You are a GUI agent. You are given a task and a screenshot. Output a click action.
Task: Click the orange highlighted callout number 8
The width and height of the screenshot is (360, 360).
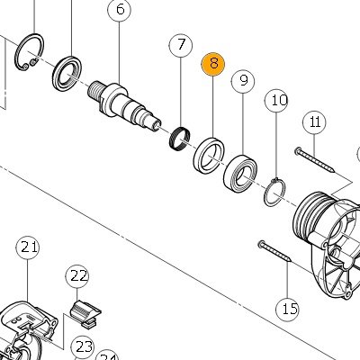tap(212, 64)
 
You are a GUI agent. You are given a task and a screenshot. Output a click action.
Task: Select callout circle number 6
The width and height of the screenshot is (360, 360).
tap(120, 10)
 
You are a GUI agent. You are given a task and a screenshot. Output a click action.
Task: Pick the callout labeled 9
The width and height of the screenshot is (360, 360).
tap(243, 81)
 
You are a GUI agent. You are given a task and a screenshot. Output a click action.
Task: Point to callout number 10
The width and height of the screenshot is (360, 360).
tap(276, 100)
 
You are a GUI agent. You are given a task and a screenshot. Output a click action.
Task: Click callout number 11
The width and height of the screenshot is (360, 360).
tap(314, 123)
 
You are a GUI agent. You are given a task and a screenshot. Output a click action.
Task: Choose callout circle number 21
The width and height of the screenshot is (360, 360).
tap(28, 248)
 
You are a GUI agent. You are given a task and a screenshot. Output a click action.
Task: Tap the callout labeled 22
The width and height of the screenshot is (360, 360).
tap(77, 276)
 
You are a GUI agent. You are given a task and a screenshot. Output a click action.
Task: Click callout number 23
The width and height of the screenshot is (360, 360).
tap(82, 347)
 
